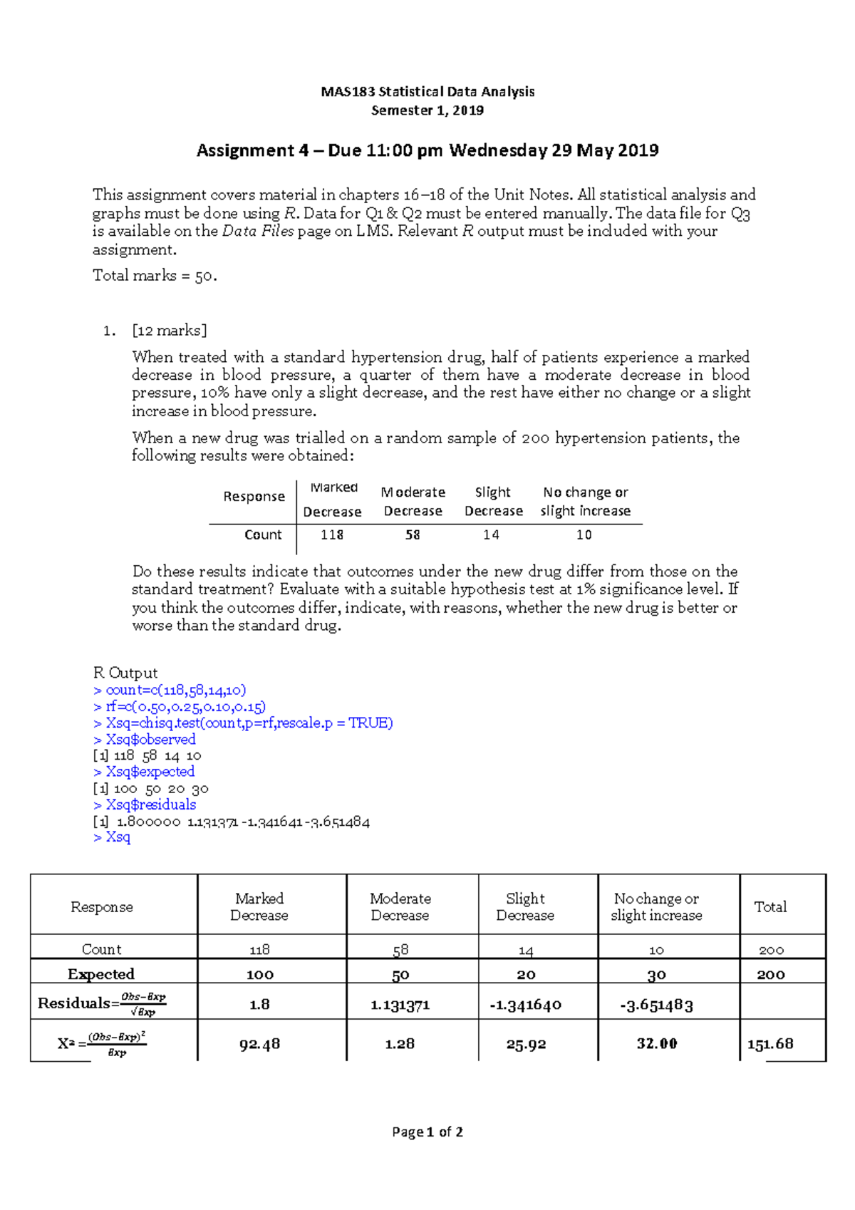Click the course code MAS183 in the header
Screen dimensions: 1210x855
pyautogui.click(x=348, y=92)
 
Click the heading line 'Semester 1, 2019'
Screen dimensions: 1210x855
pyautogui.click(x=427, y=110)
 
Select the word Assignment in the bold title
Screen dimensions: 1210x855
pyautogui.click(x=245, y=150)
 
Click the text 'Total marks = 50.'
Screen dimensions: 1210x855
pyautogui.click(x=155, y=276)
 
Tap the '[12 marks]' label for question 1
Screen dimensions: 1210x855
pyautogui.click(x=170, y=331)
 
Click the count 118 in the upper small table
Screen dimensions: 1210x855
pyautogui.click(x=332, y=534)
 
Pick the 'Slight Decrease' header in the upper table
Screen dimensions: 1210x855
pyautogui.click(x=493, y=502)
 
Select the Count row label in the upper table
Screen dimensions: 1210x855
pyautogui.click(x=263, y=534)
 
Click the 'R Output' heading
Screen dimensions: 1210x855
pyautogui.click(x=125, y=673)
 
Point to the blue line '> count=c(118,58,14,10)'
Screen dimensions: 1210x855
pyautogui.click(x=170, y=690)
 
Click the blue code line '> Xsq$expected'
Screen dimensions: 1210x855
pyautogui.click(x=144, y=772)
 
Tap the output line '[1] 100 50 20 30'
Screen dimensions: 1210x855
pyautogui.click(x=151, y=789)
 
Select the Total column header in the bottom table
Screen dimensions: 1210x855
pyautogui.click(x=770, y=906)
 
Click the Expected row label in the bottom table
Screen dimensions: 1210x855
pyautogui.click(x=101, y=974)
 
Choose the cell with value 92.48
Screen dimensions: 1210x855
pyautogui.click(x=259, y=1044)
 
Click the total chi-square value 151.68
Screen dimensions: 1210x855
pyautogui.click(x=770, y=1044)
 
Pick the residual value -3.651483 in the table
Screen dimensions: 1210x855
pyautogui.click(x=656, y=1005)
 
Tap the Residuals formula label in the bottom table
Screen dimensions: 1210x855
pyautogui.click(x=101, y=1003)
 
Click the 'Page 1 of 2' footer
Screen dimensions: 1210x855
pyautogui.click(x=427, y=1132)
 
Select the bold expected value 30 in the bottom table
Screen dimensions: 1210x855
pyautogui.click(x=656, y=975)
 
